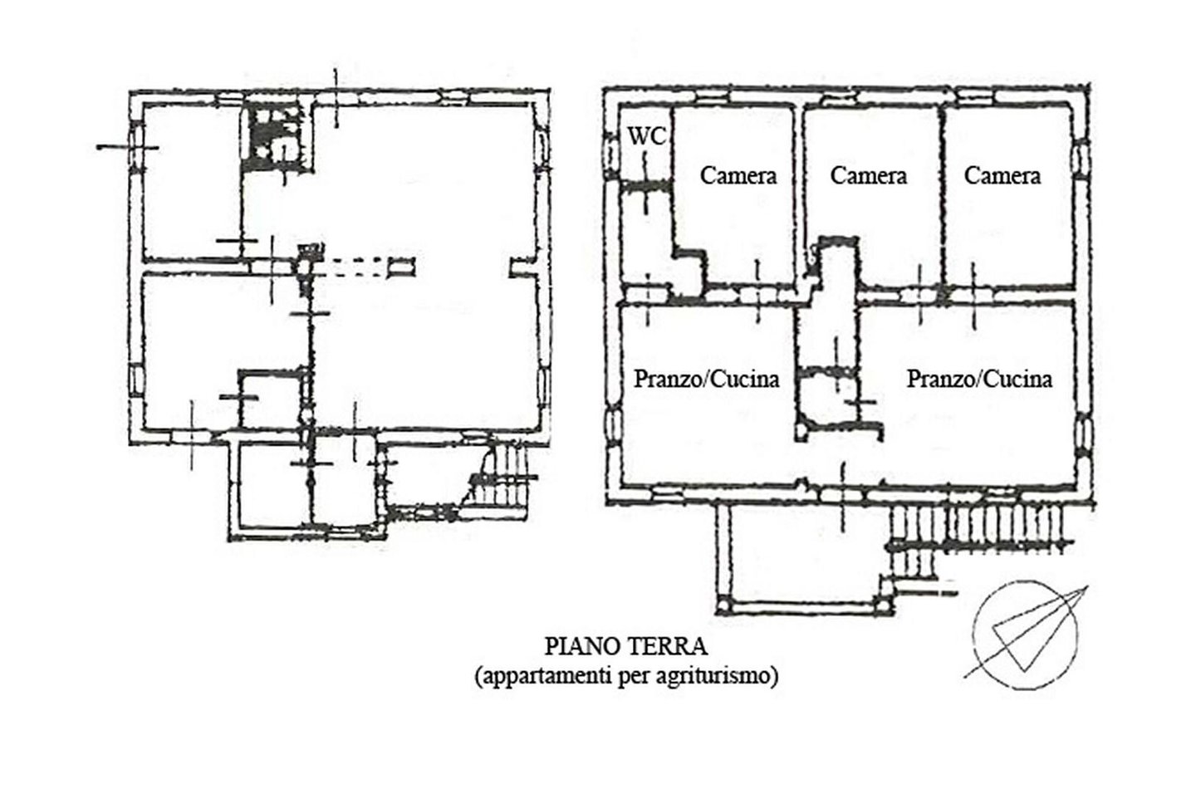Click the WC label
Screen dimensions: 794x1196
(x=646, y=136)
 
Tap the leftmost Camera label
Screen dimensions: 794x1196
(x=738, y=176)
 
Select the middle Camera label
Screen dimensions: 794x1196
(x=868, y=176)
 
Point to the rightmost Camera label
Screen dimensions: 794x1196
(x=1002, y=176)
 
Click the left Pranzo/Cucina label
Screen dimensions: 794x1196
(x=707, y=380)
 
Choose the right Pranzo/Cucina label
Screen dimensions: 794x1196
(x=979, y=380)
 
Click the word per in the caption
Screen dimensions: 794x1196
(x=634, y=677)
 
